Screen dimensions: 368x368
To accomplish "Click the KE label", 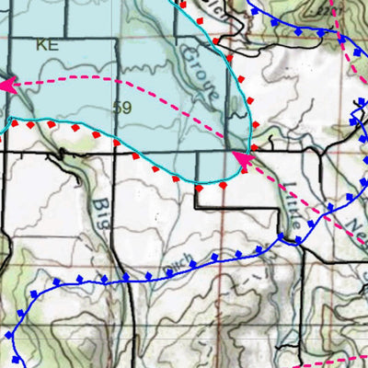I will coord(47,43).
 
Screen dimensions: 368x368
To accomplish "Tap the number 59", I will coord(121,109).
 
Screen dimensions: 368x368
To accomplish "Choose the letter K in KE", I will coord(41,43).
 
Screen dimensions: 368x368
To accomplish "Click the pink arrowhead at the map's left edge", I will coord(7,86).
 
